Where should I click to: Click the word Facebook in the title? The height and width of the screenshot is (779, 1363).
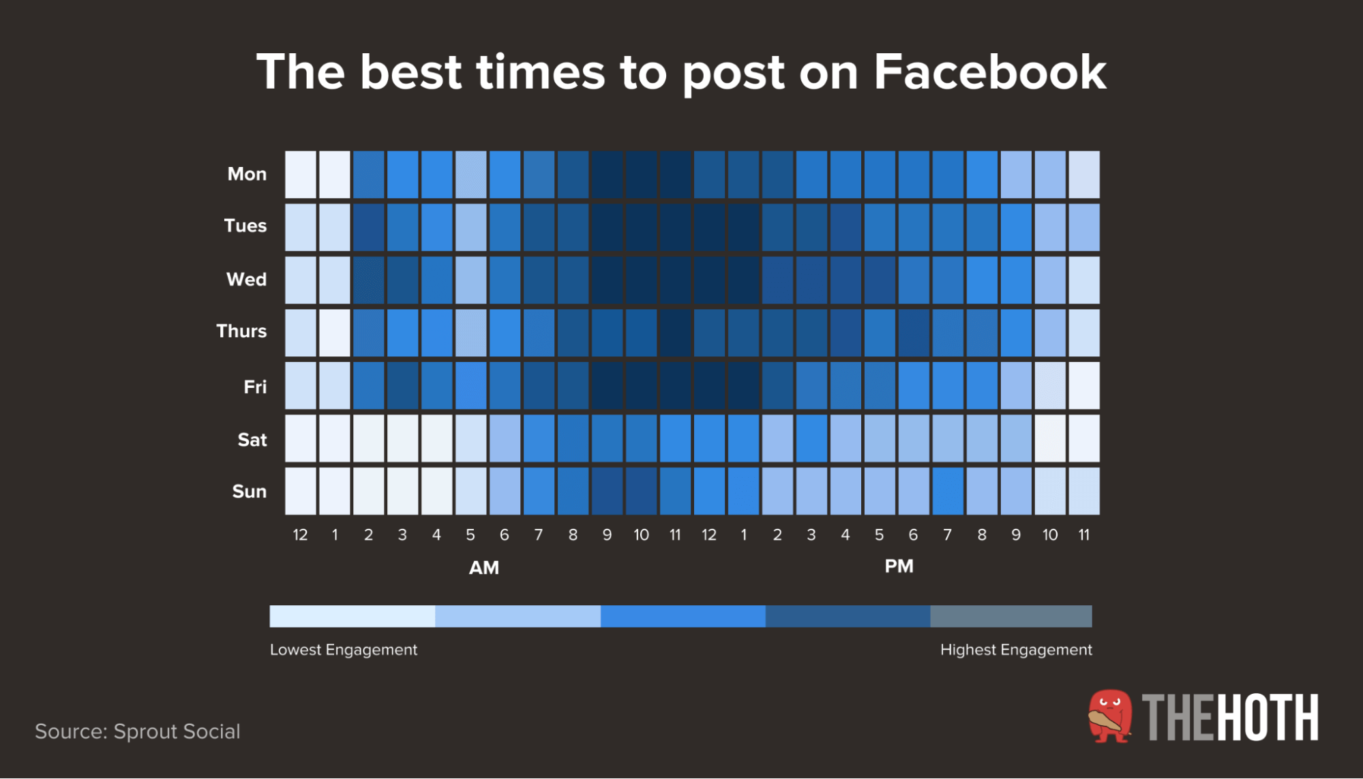tap(990, 72)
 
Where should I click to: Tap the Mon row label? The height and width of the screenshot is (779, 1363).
tap(247, 174)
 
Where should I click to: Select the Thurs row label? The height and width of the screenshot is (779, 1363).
tap(241, 331)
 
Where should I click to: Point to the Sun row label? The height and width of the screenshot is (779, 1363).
tap(250, 491)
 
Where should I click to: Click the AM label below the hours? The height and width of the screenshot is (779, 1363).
tap(484, 568)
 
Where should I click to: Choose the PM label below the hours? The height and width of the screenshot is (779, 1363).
tap(899, 566)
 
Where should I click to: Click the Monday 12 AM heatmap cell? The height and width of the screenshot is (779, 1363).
tap(301, 174)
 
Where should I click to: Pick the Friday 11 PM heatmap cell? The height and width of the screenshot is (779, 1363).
tap(1084, 386)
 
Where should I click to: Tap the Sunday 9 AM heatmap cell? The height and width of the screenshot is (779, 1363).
tap(607, 491)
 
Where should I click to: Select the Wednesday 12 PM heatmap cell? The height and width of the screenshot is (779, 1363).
tap(709, 280)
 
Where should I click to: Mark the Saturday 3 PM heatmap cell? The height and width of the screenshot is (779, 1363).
tap(811, 438)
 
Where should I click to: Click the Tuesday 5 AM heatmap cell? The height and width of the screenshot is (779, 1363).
tap(470, 228)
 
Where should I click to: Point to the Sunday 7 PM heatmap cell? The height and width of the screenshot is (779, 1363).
tap(948, 491)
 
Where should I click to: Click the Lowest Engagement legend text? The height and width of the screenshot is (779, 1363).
tap(344, 650)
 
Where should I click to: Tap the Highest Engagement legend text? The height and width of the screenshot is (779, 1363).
tap(1016, 650)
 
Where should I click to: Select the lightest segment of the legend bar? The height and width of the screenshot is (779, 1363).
tap(353, 616)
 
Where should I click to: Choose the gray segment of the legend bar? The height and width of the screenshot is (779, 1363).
tap(1011, 616)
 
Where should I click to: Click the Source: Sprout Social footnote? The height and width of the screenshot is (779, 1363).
tap(138, 731)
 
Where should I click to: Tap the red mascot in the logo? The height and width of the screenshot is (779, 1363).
tap(1110, 716)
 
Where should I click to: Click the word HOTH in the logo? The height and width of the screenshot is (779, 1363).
tap(1268, 718)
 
